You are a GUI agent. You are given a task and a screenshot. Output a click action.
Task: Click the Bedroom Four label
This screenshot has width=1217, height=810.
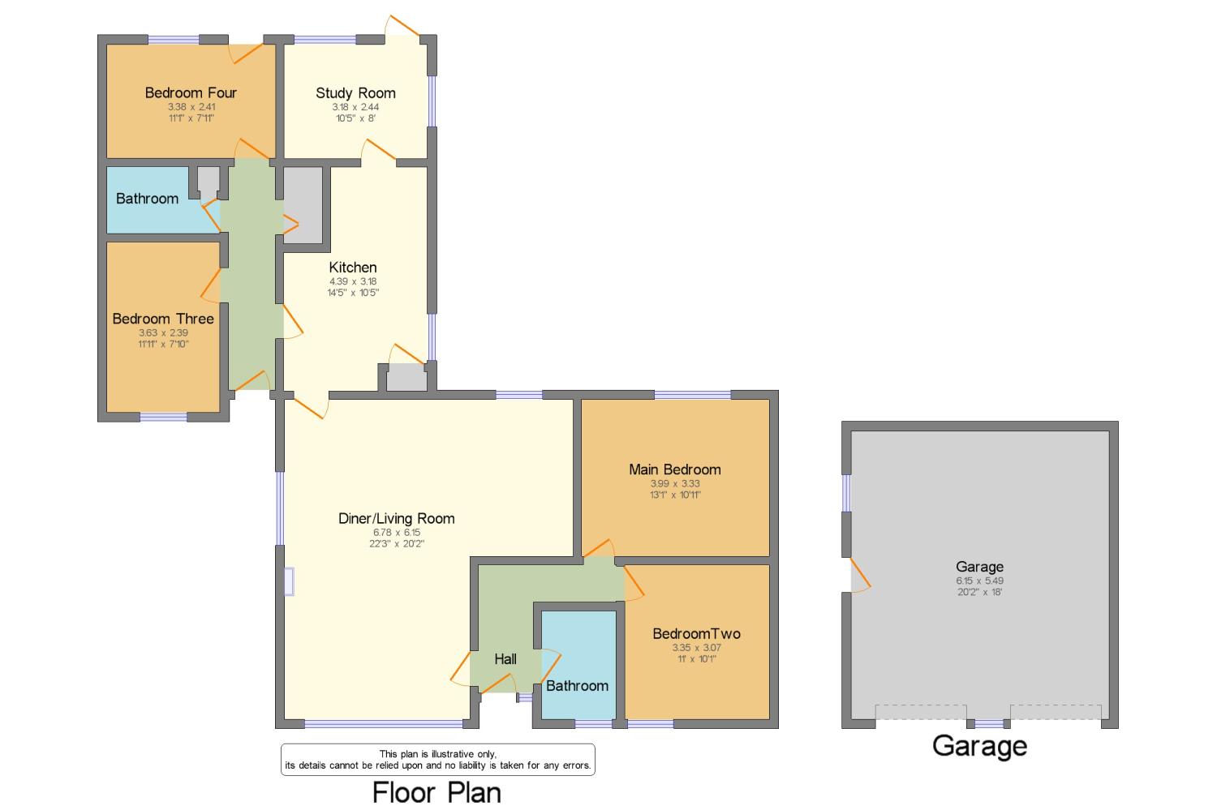point(191,92)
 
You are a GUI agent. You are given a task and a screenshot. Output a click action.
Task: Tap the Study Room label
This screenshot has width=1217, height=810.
point(355,93)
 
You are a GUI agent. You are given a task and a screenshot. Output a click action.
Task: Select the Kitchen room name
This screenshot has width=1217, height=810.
point(352,268)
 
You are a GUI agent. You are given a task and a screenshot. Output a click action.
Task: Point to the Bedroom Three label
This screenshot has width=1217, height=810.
point(163,319)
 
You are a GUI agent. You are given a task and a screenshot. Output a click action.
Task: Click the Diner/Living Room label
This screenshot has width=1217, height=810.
point(396,518)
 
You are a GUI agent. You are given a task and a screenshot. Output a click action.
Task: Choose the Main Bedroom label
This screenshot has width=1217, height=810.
point(674,469)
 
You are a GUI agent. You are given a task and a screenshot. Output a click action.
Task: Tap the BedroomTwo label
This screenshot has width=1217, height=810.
point(696,634)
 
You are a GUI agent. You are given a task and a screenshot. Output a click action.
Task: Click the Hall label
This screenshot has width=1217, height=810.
point(505,659)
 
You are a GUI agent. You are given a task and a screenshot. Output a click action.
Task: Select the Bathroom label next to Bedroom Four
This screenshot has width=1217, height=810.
point(147,199)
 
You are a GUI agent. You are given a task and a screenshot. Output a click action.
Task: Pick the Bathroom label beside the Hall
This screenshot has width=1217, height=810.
point(577,686)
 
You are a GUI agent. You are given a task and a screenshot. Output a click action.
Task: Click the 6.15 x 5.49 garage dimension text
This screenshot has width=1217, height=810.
point(979,581)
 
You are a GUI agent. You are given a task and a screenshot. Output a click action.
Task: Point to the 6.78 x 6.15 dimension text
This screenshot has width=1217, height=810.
point(396,533)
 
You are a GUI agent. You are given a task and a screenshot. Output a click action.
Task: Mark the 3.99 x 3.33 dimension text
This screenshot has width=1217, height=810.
point(674,483)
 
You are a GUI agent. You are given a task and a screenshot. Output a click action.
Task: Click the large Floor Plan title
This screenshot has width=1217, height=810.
point(436,791)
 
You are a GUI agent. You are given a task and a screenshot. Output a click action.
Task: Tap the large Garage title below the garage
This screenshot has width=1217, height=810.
point(979,745)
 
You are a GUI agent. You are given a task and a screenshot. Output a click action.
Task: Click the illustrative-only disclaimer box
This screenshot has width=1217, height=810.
point(437,760)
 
